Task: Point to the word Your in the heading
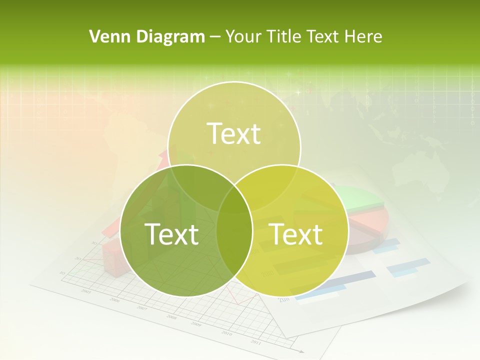point(242,36)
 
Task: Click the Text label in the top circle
point(234,133)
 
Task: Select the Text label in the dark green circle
point(171,234)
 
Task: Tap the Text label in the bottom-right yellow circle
point(296,234)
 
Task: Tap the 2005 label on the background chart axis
point(86,291)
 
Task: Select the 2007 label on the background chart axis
point(142,308)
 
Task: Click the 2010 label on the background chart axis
point(226,333)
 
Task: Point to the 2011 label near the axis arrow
point(255,342)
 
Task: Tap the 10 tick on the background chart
point(62,272)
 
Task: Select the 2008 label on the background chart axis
point(171,317)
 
